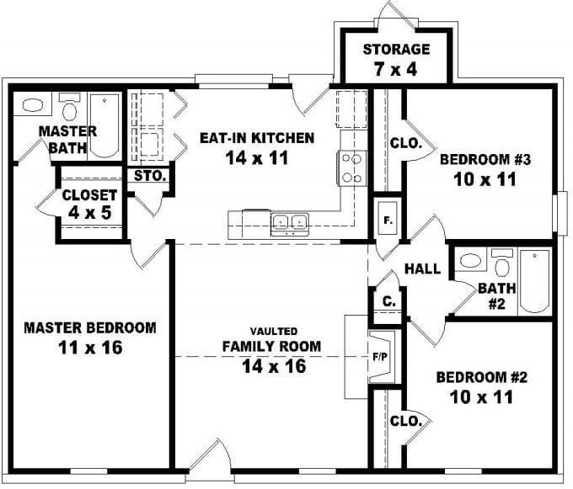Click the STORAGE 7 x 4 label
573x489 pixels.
click(396, 59)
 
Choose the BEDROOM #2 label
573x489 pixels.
click(474, 386)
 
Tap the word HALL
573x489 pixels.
click(422, 269)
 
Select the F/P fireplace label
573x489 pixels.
click(380, 357)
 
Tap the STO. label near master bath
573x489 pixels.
click(150, 177)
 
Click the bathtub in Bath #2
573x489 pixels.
click(534, 280)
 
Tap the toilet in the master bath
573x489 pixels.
click(70, 109)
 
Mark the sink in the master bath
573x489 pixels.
click(33, 106)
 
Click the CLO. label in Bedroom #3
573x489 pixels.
click(405, 144)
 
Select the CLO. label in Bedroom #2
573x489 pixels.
click(405, 421)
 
